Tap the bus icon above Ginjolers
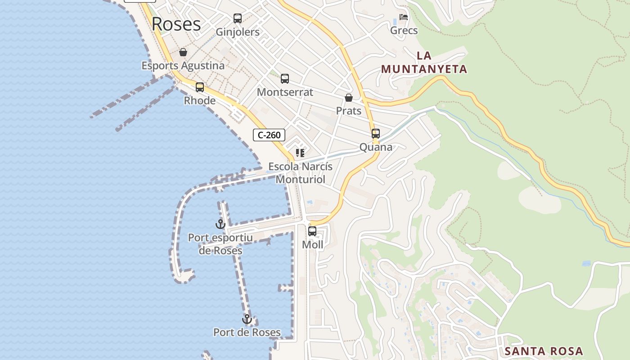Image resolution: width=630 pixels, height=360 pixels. pos(238,18)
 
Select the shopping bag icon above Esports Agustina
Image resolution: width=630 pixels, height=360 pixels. pos(183,52)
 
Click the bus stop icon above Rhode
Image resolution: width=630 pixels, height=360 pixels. pos(200,87)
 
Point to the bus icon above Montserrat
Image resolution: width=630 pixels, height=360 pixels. pos(285,79)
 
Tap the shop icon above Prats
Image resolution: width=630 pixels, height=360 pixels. pos(349,98)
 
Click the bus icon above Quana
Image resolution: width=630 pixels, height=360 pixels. pos(376,134)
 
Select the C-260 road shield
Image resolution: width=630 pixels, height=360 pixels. pos(269,135)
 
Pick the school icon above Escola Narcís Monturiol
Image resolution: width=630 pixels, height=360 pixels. pos(300,153)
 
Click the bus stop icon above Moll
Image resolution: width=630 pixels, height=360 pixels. pos(312,232)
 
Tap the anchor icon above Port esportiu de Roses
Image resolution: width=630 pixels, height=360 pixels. pos(220,224)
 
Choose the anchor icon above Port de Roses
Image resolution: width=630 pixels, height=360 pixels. pos(247,319)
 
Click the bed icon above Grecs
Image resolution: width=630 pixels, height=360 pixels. pos(404,17)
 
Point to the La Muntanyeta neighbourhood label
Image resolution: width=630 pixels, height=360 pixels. pos(424,63)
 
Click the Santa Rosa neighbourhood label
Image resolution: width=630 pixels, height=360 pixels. pos(544,351)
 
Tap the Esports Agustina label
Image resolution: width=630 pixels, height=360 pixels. pos(183,66)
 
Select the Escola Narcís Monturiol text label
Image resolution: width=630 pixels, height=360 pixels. pos(301,173)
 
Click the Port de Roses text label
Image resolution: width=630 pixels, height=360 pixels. pos(247,333)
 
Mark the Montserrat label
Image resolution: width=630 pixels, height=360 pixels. pos(285,92)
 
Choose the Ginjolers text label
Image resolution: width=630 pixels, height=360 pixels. pos(238,32)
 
